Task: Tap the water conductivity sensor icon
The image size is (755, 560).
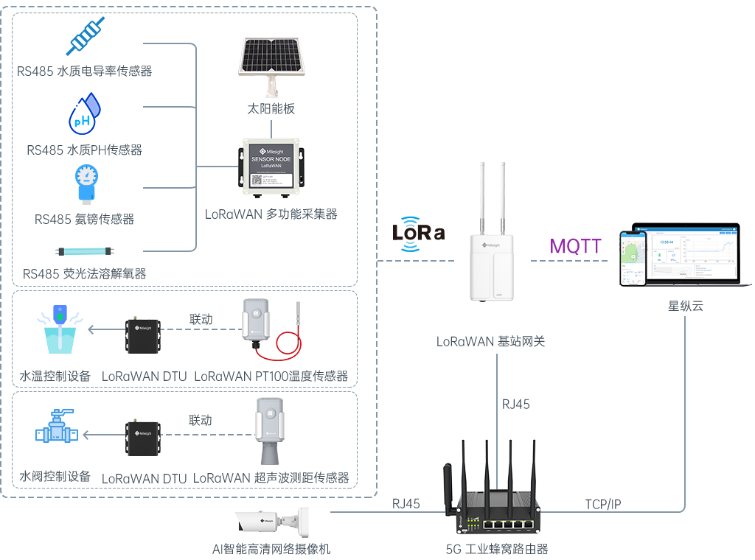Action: click(x=86, y=36)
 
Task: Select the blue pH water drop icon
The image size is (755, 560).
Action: click(x=84, y=113)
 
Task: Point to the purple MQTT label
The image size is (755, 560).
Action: click(x=576, y=246)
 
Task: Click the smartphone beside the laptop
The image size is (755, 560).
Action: click(x=633, y=259)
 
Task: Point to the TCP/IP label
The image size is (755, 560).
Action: click(x=603, y=504)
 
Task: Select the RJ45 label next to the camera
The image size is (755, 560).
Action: click(x=406, y=504)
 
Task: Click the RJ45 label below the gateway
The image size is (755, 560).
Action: click(x=515, y=404)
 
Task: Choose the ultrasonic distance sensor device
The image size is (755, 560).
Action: click(x=271, y=430)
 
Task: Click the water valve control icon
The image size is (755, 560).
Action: click(x=56, y=427)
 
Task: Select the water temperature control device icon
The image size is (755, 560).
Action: click(x=60, y=329)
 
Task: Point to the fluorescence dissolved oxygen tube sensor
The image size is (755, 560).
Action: click(x=85, y=251)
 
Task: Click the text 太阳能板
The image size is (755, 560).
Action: click(x=271, y=109)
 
